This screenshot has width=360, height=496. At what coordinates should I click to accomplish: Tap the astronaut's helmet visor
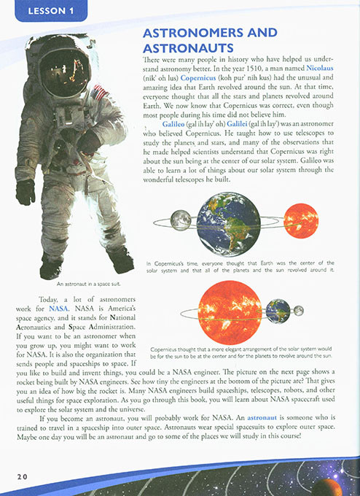66,71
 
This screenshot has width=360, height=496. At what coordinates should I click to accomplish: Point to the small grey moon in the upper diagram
180,220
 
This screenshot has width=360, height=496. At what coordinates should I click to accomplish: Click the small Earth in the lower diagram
277,311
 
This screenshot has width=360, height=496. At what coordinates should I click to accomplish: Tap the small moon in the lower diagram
298,311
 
